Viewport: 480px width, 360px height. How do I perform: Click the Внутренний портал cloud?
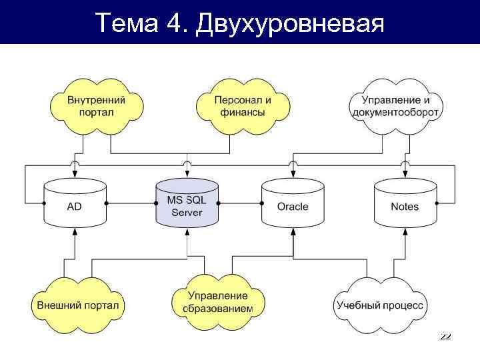pos(97,105)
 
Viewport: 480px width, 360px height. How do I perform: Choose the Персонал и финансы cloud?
pos(243,105)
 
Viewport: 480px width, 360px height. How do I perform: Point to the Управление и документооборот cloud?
pos(395,105)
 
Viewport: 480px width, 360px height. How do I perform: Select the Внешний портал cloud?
pos(78,305)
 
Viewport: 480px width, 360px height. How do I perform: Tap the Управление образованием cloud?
pos(218,302)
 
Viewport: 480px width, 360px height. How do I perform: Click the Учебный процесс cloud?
pos(379,305)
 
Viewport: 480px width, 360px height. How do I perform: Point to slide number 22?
pos(445,337)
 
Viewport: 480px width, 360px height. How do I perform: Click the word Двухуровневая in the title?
pos(291,24)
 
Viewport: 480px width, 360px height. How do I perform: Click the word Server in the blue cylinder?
pos(187,213)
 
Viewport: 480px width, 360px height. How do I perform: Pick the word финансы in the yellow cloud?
pos(243,113)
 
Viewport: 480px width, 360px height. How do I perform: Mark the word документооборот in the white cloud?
pos(395,113)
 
